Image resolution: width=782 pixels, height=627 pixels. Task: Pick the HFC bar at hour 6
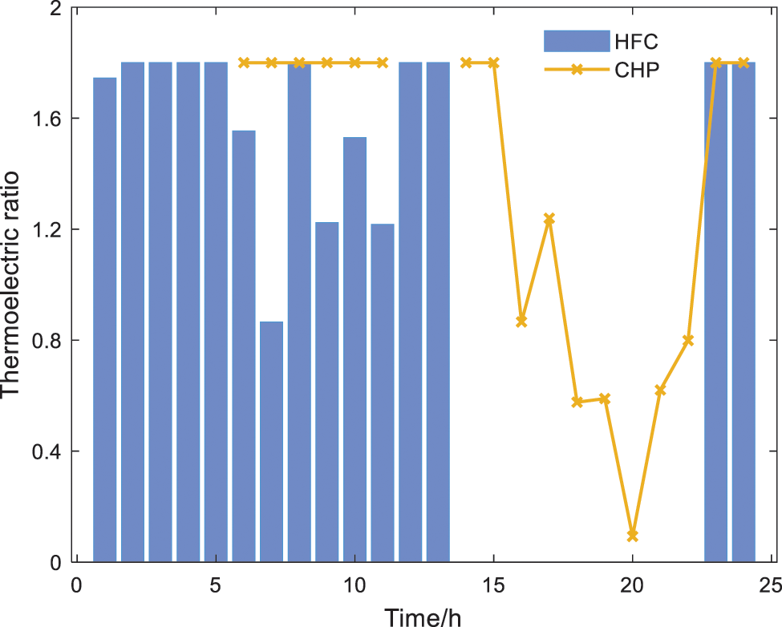[x=244, y=346]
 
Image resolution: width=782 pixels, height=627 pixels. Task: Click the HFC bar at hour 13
[x=438, y=312]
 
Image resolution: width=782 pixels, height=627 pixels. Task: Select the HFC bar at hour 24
[x=744, y=312]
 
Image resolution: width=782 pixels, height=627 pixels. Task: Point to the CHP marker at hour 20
[x=633, y=535]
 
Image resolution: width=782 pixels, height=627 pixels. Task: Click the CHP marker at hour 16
[x=521, y=321]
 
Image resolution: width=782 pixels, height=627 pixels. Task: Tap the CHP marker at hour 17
[x=549, y=219]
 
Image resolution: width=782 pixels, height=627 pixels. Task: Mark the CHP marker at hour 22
[x=688, y=340]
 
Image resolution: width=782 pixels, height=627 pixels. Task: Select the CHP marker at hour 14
[x=466, y=63]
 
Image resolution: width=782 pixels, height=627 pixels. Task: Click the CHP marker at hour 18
[x=577, y=402]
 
